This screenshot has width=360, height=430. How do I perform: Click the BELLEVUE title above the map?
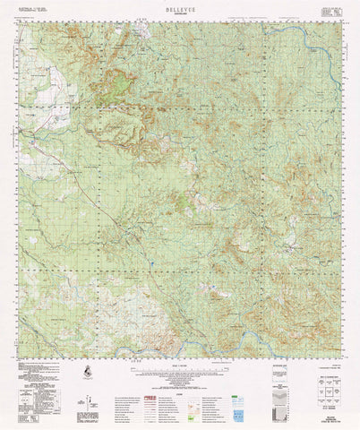point(179,5)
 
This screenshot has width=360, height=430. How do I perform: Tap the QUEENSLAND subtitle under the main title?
point(179,12)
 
